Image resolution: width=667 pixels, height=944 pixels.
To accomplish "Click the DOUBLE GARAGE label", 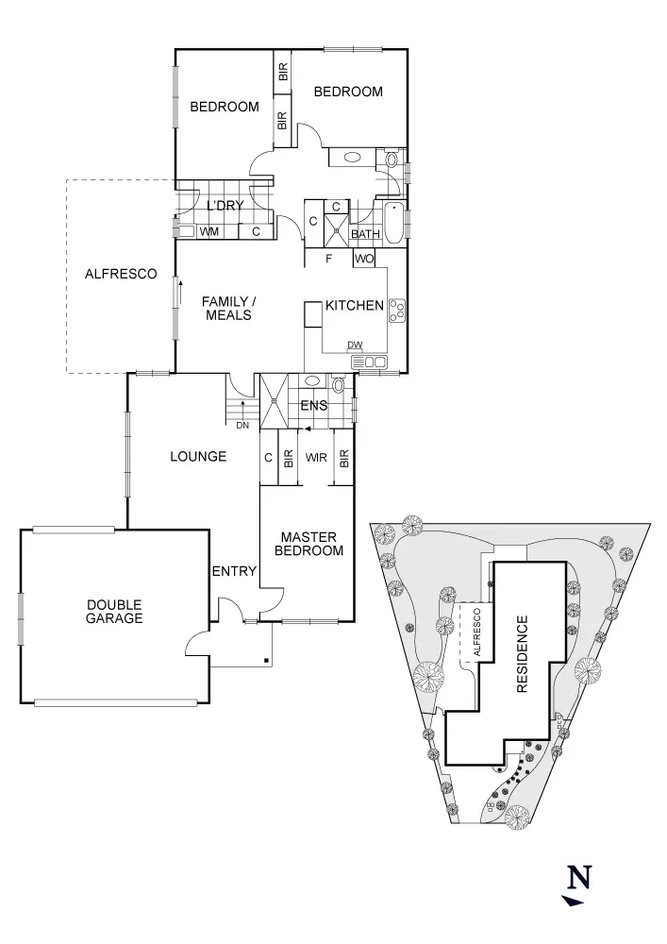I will point(114,612).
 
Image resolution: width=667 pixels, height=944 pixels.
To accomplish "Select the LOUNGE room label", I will point(198,457).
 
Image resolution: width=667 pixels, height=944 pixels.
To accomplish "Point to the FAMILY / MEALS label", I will point(228,308).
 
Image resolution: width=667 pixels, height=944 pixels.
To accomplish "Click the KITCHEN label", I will point(355,306).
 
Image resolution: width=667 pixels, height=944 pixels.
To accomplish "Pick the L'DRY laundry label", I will point(225,206).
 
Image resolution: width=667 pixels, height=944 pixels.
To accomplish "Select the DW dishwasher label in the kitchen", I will point(355,345).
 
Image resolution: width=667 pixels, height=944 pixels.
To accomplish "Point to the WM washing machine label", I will point(209,230).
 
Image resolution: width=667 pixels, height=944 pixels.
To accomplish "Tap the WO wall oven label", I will point(365,258).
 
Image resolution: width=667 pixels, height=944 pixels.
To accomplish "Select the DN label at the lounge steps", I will point(242,425).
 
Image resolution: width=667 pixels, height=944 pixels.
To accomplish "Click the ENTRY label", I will point(234,571).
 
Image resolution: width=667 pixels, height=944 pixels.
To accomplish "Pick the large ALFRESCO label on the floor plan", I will point(121,275).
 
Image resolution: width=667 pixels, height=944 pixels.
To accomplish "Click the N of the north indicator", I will point(579,878).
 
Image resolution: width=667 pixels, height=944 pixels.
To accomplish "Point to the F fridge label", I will point(328,258).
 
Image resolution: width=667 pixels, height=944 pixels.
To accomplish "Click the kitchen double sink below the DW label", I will point(369,362).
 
